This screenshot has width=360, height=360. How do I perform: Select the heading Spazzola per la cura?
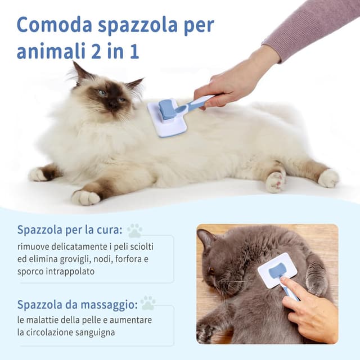(70, 230)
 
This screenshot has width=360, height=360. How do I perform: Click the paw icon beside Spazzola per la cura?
(134, 230)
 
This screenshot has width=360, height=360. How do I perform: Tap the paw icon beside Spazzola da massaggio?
(148, 303)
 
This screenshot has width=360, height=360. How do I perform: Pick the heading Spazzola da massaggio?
(77, 304)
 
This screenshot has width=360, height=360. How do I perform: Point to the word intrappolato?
(69, 271)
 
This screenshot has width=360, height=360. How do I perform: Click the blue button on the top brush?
(167, 109)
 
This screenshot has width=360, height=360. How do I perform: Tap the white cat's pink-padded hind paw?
(276, 181)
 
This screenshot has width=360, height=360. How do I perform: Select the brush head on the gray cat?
(277, 269)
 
